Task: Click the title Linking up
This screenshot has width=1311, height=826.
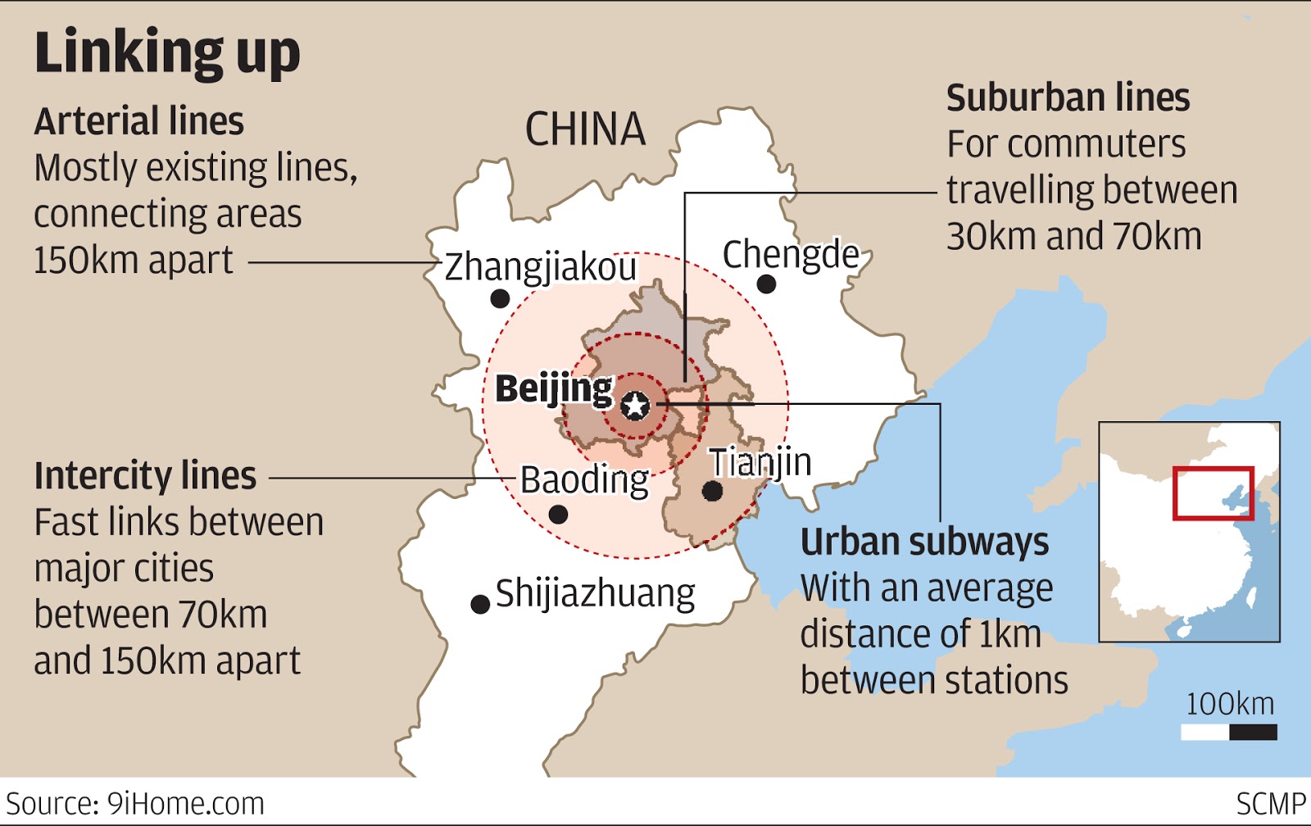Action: point(167,52)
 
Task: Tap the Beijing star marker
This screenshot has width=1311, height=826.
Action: point(635,405)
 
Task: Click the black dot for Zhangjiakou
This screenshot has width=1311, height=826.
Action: point(500,299)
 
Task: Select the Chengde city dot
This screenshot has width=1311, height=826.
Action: point(766,284)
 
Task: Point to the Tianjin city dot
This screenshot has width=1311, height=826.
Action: point(712,491)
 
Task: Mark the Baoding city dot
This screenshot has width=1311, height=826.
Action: point(558,515)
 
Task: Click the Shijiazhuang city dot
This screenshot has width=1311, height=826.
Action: point(480,605)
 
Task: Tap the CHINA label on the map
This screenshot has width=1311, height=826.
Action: point(585,129)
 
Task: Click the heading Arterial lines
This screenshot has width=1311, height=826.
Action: point(138,121)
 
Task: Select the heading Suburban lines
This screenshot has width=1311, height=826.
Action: point(1068,98)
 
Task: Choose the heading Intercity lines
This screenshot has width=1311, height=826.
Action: point(145,476)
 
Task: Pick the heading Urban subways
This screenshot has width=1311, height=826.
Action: point(924,542)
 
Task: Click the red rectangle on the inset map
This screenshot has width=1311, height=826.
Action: point(1213,493)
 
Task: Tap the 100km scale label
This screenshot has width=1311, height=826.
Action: point(1230,704)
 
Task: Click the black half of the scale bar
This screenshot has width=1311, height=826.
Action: point(1253,732)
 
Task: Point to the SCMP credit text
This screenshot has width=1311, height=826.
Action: point(1271,804)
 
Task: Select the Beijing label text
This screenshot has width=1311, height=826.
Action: point(553,388)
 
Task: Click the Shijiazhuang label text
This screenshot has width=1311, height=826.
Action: point(595,593)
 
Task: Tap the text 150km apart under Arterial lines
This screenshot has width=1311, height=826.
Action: point(133,261)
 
